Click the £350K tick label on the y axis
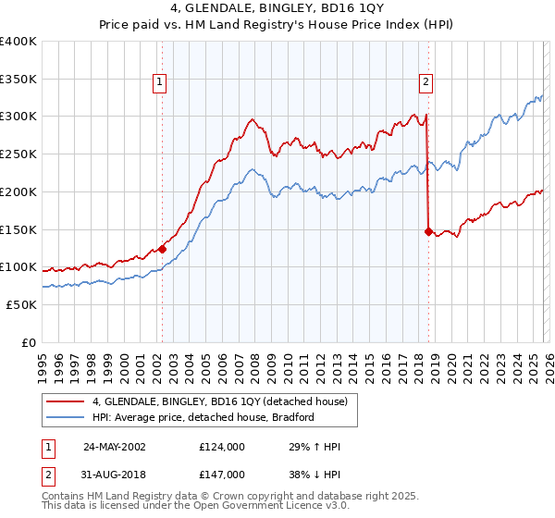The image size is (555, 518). pos(18,79)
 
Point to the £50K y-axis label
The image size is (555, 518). pos(21,304)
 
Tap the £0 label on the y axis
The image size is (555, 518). pos(30,342)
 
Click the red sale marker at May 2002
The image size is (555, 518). pos(162,248)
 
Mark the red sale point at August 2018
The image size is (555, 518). pos(428,231)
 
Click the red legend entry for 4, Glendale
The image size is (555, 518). pos(219,401)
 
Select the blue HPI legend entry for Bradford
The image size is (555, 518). pos(203,418)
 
